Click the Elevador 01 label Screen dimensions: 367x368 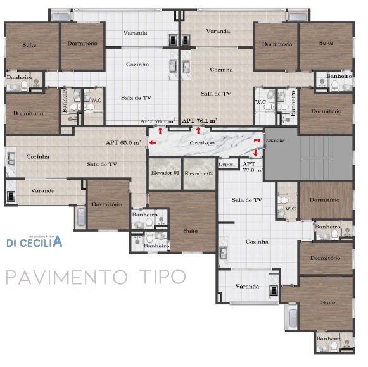pyautogui.click(x=165, y=173)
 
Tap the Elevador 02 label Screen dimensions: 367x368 pyautogui.click(x=199, y=173)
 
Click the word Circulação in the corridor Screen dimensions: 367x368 pyautogui.click(x=202, y=144)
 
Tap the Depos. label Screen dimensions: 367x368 pyautogui.click(x=227, y=164)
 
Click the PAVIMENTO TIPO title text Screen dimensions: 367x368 pyautogui.click(x=96, y=277)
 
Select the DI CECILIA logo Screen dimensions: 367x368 pyautogui.click(x=34, y=242)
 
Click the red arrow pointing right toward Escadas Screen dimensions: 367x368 pyautogui.click(x=257, y=139)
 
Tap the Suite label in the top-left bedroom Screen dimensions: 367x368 pyautogui.click(x=29, y=45)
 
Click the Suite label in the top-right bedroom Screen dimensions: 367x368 pyautogui.click(x=326, y=43)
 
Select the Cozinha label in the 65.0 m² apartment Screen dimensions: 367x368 pyautogui.click(x=38, y=157)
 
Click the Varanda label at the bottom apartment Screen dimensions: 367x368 pyautogui.click(x=247, y=286)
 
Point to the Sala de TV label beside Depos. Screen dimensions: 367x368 pyautogui.click(x=246, y=200)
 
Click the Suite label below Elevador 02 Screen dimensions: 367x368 pyautogui.click(x=190, y=231)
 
